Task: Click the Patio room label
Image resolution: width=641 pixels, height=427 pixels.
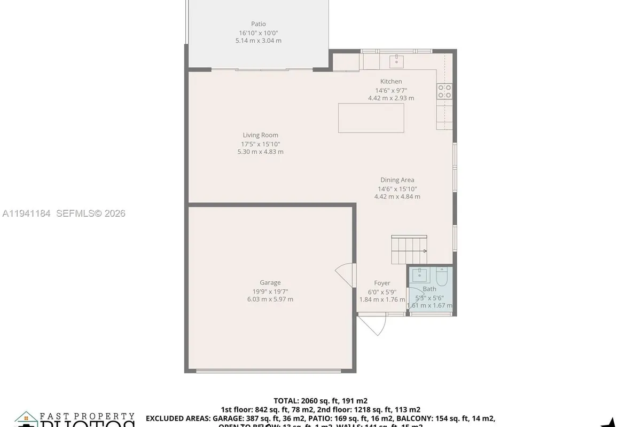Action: click(259, 24)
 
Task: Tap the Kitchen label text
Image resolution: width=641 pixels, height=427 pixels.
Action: click(391, 82)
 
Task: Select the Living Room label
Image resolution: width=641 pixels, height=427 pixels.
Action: click(260, 136)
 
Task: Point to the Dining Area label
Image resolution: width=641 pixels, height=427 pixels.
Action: click(397, 180)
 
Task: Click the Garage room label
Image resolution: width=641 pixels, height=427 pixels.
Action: click(270, 283)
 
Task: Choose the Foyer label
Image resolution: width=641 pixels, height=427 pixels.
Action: click(382, 283)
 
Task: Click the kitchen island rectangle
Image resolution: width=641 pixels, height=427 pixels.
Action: click(371, 118)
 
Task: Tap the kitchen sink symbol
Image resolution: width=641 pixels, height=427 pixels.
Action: click(396, 61)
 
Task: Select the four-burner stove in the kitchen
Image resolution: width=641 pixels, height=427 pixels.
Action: click(444, 91)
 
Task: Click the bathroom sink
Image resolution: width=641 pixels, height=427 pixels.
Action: click(419, 275)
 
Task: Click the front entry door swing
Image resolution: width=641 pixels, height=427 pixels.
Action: click(372, 325)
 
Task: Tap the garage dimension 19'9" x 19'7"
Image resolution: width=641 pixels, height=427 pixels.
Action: click(270, 291)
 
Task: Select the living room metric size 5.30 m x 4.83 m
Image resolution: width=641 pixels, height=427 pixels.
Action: click(260, 152)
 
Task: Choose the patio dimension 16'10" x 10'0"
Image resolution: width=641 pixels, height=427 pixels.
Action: click(259, 33)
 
